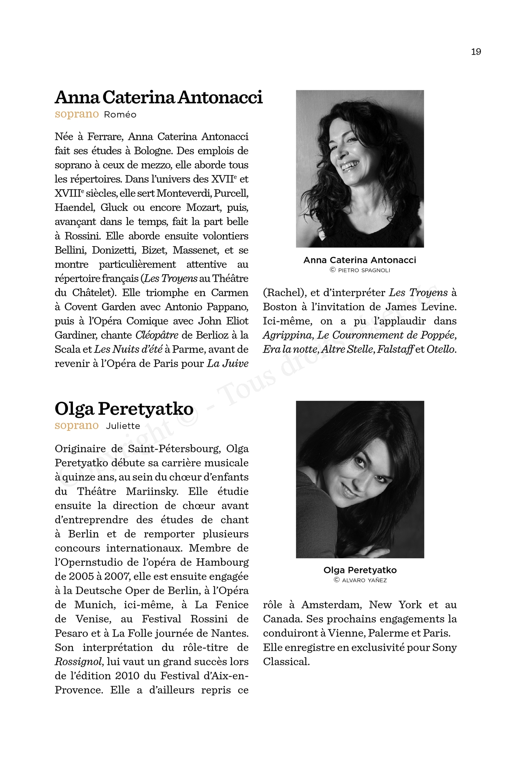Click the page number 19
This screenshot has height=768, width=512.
tap(476, 52)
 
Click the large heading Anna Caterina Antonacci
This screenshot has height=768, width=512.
tap(159, 97)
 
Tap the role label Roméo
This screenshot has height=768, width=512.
tap(120, 115)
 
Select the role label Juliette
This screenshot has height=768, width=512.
tap(123, 426)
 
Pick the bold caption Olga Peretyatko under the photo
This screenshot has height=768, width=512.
tap(360, 570)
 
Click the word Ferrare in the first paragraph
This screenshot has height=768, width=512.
tap(105, 137)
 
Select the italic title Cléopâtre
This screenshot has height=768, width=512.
tap(157, 335)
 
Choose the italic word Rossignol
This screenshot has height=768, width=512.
tap(79, 662)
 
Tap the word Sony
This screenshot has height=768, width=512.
tap(444, 647)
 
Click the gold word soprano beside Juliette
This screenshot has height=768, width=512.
tap(77, 425)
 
